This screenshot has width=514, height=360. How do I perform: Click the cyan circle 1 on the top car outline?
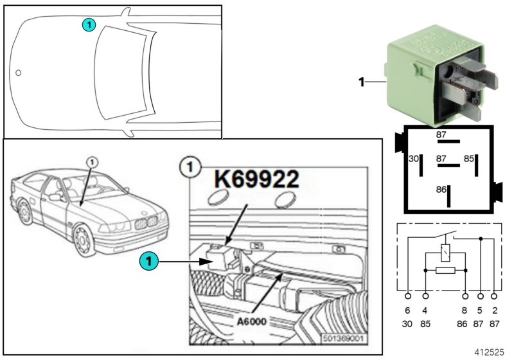88,24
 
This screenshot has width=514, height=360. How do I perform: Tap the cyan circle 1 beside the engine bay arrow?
148,262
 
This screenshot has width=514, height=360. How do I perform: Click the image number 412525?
490,352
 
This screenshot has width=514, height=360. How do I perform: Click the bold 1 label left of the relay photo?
362,82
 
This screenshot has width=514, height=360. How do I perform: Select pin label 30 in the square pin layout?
414,158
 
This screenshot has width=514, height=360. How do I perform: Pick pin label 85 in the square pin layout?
470,158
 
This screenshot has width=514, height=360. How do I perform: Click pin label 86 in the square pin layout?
441,190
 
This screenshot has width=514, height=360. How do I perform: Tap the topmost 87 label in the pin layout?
441,135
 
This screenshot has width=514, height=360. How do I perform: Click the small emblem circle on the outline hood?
19,73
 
